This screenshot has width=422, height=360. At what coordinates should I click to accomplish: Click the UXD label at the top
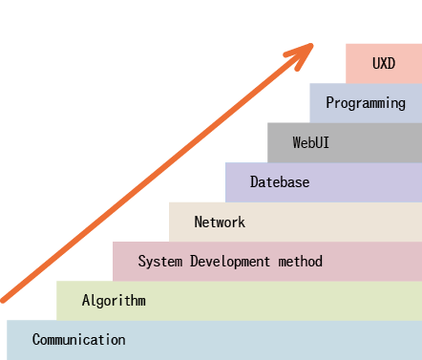click(x=384, y=63)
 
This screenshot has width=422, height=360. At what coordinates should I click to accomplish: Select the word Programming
click(x=366, y=103)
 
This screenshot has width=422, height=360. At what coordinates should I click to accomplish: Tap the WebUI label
click(x=312, y=142)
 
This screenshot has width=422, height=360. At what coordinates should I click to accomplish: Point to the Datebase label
click(x=280, y=182)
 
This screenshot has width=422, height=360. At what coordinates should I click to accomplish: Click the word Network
click(x=220, y=222)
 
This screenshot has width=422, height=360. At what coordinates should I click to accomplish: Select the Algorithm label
click(x=114, y=301)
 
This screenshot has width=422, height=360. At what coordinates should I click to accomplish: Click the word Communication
click(x=78, y=340)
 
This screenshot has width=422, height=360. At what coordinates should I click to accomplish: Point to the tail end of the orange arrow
click(x=3, y=299)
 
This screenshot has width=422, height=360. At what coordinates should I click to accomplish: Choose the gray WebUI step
click(x=382, y=142)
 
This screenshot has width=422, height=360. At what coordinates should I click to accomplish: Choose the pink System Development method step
click(x=372, y=262)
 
